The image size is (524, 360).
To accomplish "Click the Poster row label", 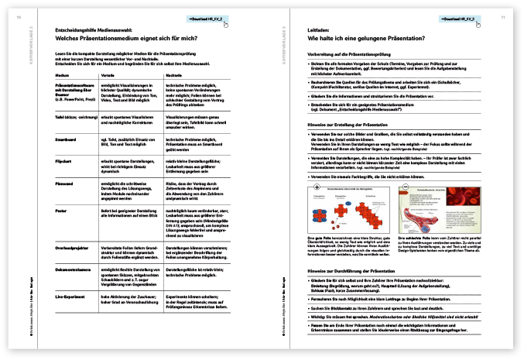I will [61, 210].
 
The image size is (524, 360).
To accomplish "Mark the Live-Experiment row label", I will [71, 296].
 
